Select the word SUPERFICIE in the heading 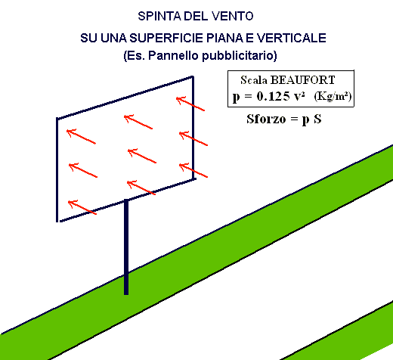coord(166,38)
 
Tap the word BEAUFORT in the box coord(302,80)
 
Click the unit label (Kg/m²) coord(333,96)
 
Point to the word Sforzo coord(266,119)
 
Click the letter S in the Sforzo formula coord(317,119)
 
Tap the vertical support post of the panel coord(126,247)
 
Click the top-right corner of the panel coord(193,76)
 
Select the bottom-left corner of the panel coord(57,221)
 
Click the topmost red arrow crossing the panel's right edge coord(190,104)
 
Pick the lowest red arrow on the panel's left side coord(82,207)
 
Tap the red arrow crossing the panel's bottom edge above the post coord(141,188)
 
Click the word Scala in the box coord(254,80)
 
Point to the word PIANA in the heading coord(224,38)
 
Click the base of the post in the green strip coord(126,293)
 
